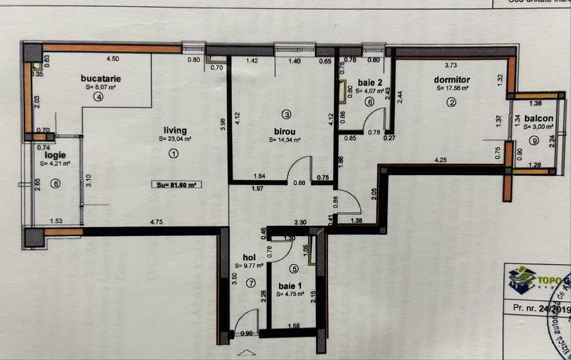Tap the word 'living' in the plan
175,131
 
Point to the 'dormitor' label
452,80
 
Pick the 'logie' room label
57,155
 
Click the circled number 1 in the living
174,153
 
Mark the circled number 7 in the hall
250,283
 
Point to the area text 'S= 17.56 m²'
452,88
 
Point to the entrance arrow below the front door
246,353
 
